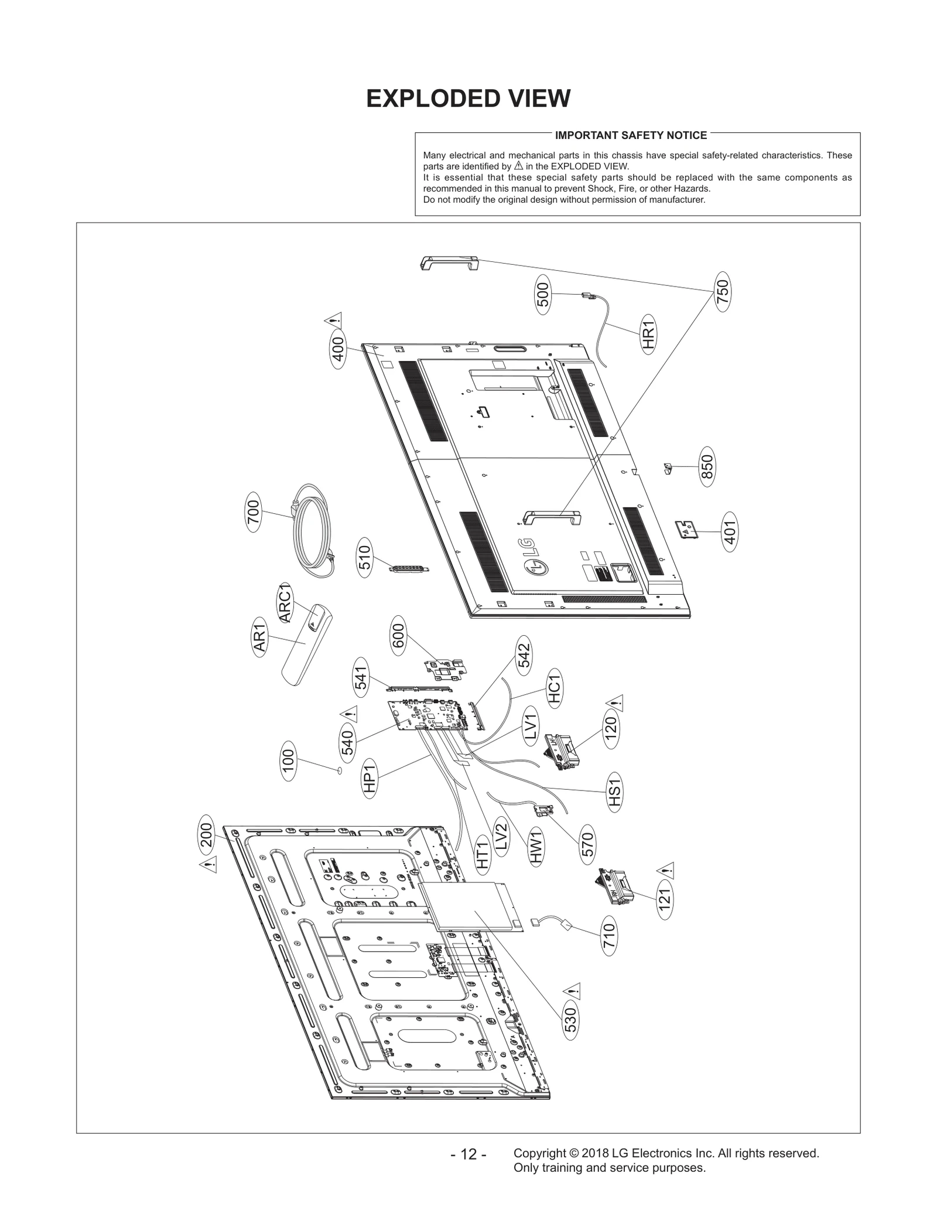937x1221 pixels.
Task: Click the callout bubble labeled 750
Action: [723, 292]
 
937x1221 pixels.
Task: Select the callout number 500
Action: [543, 295]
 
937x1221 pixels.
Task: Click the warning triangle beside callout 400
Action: [333, 321]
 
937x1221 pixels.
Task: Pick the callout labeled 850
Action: [708, 467]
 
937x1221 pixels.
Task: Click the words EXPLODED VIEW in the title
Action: [468, 99]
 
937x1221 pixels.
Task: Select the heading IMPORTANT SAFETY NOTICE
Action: [631, 135]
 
